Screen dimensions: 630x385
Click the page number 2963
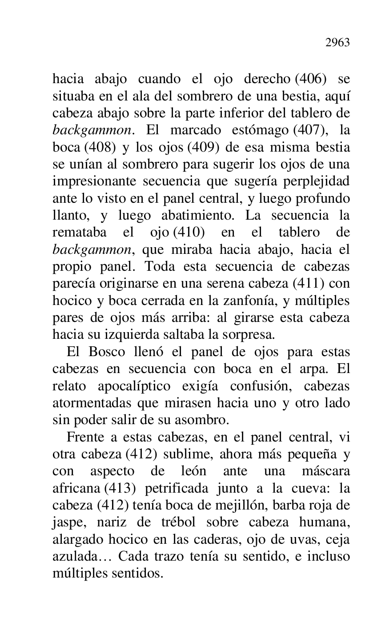[337, 43]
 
